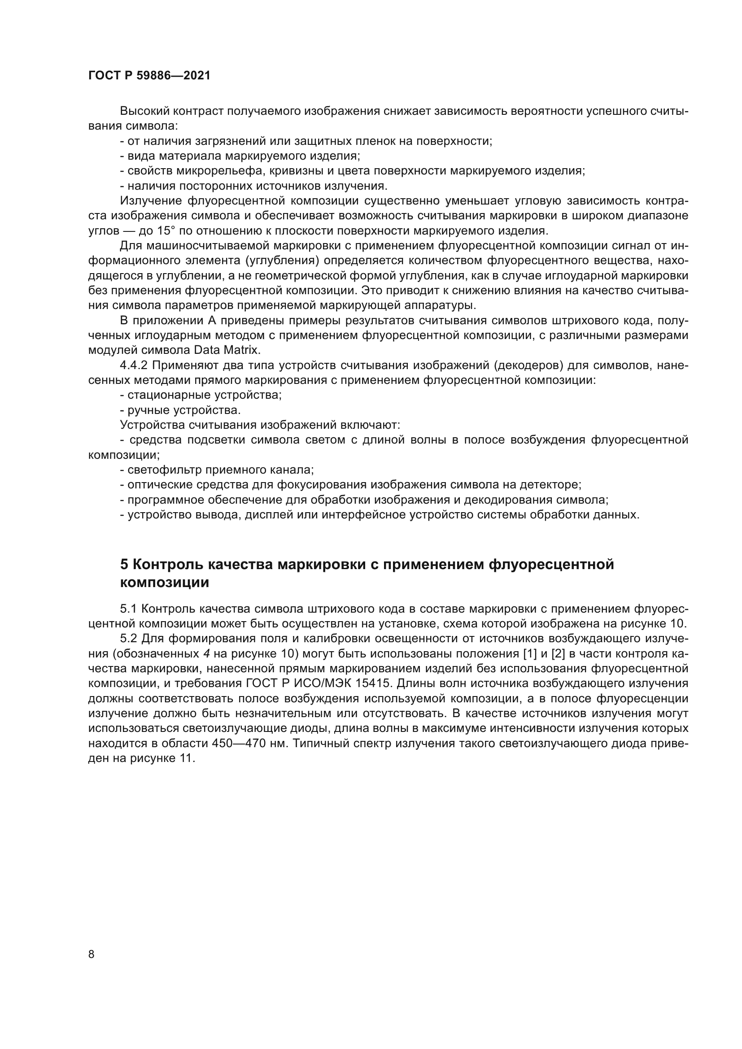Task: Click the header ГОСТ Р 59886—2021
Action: point(149,76)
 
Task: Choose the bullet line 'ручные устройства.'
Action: point(183,410)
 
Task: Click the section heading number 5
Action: point(124,565)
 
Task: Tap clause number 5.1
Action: point(129,609)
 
